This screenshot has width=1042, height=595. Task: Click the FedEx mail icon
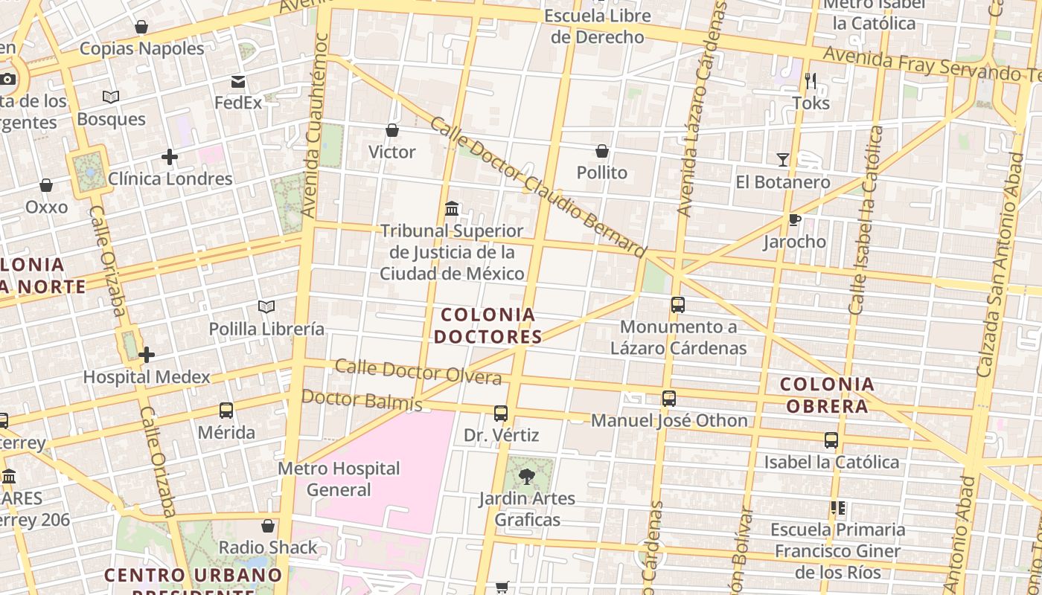pos(238,81)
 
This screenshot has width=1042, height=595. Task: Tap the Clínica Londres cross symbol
pos(170,157)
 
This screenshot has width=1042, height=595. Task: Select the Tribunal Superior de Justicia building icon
pos(451,209)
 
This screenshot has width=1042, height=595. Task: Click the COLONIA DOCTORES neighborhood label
pos(488,326)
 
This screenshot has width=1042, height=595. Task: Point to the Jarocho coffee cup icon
pos(794,219)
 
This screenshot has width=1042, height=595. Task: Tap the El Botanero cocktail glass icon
pos(782,160)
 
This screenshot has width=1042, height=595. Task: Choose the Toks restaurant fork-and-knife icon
pos(811,80)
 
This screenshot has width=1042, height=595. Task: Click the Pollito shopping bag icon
pos(602,151)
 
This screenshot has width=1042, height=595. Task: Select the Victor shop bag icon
pos(392,130)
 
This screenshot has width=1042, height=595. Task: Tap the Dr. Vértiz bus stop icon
pos(501,414)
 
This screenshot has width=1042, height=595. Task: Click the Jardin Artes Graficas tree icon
pos(527,476)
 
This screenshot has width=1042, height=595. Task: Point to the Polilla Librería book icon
pos(266,306)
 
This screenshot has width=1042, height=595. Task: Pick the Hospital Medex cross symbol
pos(147,355)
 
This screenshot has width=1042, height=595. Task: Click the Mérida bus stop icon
pos(226,411)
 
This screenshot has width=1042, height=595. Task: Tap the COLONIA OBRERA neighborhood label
pos(827,395)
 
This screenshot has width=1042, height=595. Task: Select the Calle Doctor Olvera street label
pos(418,372)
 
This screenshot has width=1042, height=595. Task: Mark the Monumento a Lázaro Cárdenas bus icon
pos(677,304)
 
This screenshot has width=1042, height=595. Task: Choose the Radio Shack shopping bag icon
pos(268,526)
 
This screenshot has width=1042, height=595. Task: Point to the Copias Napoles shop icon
pos(141,28)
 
